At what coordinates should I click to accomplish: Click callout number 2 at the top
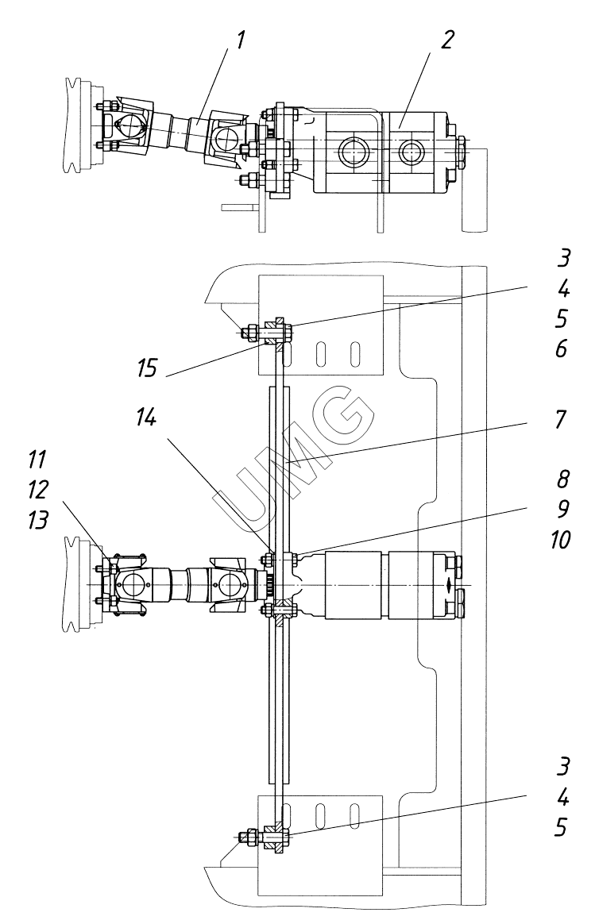(x=447, y=40)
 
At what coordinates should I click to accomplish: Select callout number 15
(x=147, y=368)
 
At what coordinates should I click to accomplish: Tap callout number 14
(x=146, y=418)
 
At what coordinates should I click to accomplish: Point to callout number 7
(x=560, y=420)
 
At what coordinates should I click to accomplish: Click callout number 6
(x=561, y=348)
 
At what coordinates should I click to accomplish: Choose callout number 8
(x=562, y=479)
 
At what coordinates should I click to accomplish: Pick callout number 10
(x=561, y=539)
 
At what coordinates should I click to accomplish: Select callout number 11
(x=36, y=459)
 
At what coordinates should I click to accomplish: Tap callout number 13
(x=37, y=520)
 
